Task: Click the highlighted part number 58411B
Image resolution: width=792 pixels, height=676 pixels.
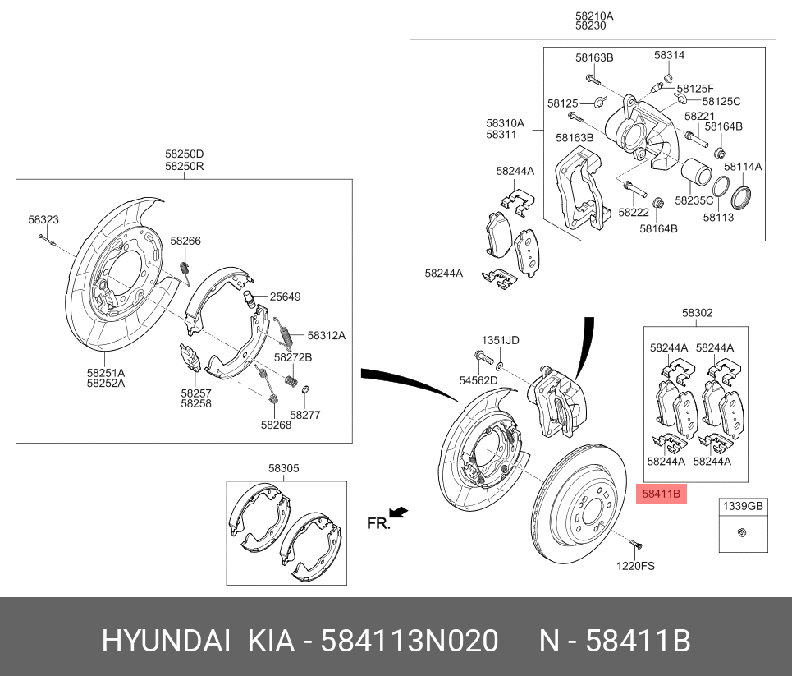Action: pos(660,494)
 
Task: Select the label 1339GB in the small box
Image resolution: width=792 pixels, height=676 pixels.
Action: pos(742,507)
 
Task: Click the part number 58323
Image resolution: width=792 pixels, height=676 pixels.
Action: pos(43,220)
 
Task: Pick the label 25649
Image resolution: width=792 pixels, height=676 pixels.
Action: pos(285,297)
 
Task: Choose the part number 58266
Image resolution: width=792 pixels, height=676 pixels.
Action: pos(185,241)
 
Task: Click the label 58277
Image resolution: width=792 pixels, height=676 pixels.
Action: pos(305,415)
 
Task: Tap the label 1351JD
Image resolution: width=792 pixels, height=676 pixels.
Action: pos(500,340)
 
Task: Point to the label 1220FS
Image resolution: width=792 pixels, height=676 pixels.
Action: pos(636,565)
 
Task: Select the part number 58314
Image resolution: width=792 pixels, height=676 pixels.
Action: pos(669,55)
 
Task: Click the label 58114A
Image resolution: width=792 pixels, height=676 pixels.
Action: pos(742,166)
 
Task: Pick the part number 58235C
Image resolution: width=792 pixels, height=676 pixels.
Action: pos(694,200)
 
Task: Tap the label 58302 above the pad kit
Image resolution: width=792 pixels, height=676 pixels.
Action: pos(697,313)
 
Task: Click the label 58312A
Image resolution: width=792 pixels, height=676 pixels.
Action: pos(327,335)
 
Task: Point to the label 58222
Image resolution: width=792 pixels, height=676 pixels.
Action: pos(634,212)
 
